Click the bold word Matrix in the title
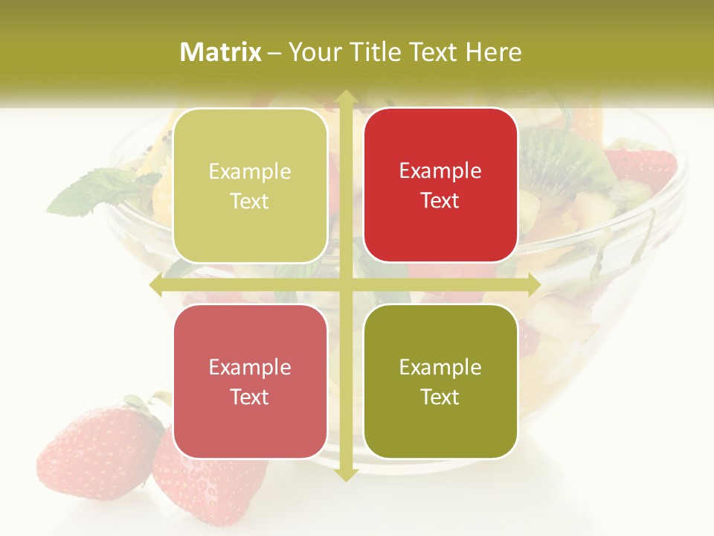[221, 52]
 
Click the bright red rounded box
[440, 185]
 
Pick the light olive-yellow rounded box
[250, 185]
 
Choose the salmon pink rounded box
[250, 382]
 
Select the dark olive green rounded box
[440, 382]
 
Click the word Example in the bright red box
[440, 170]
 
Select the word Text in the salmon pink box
[250, 397]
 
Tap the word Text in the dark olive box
[440, 397]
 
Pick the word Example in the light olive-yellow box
[250, 171]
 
